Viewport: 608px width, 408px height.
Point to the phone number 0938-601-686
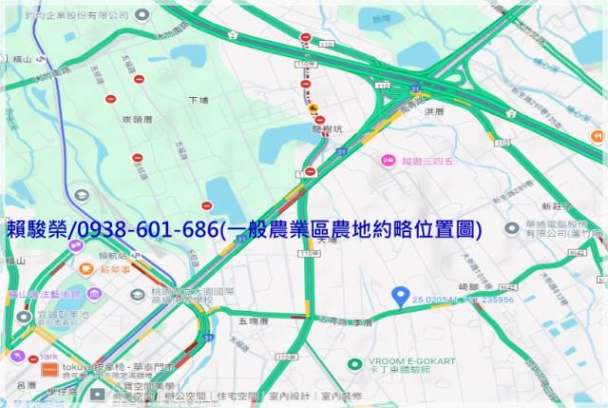click(142, 229)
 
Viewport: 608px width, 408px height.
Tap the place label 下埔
click(198, 99)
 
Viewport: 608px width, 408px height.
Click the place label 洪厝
click(435, 113)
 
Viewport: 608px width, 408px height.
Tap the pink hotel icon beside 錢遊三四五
click(388, 161)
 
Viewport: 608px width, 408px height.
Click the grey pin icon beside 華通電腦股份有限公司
click(512, 228)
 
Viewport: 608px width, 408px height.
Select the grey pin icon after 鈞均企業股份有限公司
click(142, 14)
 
